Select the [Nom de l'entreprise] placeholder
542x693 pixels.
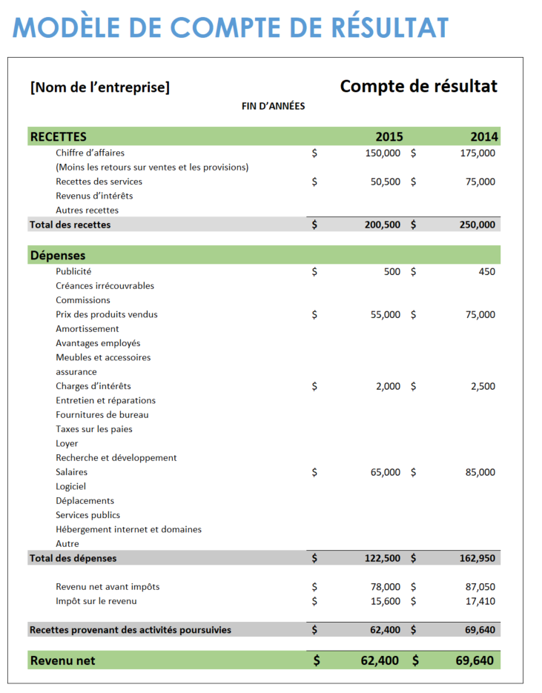100,87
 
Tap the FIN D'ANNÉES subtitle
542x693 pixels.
274,106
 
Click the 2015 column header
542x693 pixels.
389,136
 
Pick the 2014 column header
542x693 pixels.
484,136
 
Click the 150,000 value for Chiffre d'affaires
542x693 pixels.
383,153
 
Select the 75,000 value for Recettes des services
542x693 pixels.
480,182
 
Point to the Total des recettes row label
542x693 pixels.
70,225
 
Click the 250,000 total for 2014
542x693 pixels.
477,225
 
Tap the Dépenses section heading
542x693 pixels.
58,256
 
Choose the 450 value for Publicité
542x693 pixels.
487,272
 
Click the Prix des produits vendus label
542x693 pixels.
107,314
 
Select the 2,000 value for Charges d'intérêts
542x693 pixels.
389,386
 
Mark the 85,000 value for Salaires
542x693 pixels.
480,472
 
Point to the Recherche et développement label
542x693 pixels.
116,458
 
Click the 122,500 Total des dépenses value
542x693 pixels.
383,558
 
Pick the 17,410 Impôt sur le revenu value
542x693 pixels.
480,601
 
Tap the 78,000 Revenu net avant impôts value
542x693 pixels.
386,587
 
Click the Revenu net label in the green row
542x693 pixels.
62,660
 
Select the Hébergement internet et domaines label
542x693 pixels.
129,529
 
